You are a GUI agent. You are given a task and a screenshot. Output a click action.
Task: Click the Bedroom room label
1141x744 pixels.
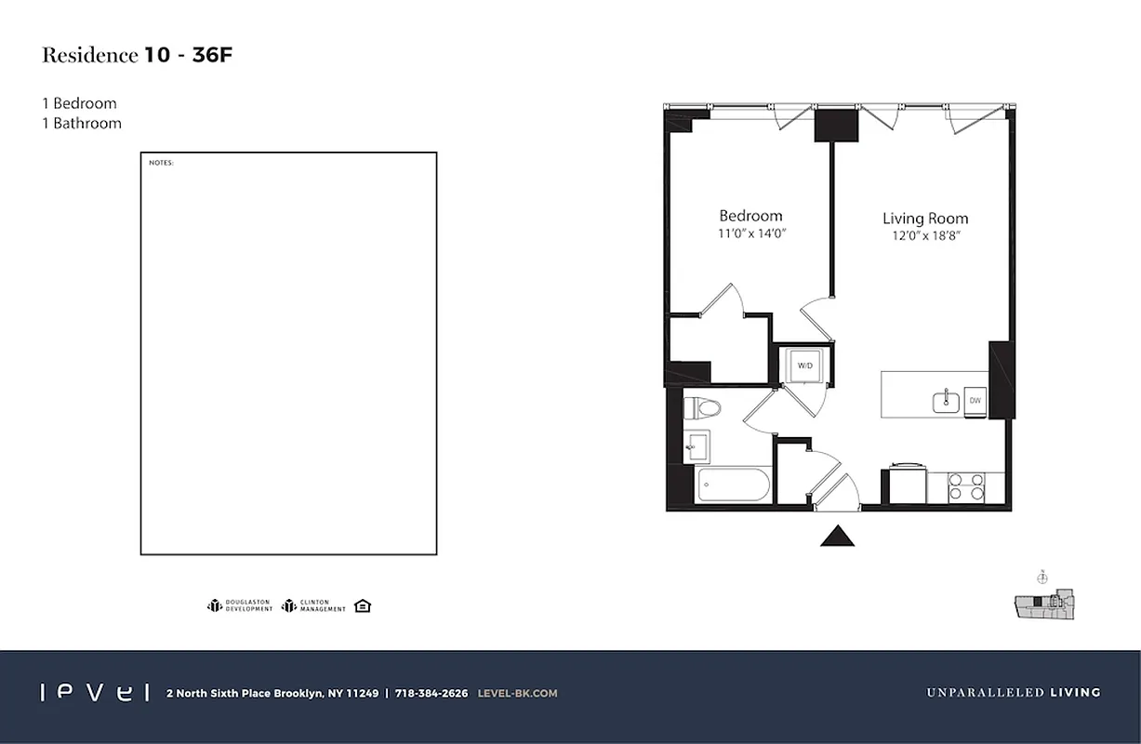click(x=750, y=216)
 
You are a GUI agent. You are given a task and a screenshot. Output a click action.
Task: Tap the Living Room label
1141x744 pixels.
click(x=925, y=219)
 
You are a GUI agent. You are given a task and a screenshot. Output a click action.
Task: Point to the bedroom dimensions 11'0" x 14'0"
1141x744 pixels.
click(x=751, y=235)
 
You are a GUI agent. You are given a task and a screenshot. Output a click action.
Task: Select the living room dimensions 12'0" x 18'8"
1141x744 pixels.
click(x=925, y=236)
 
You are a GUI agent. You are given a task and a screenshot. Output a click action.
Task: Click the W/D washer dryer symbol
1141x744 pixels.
click(x=804, y=365)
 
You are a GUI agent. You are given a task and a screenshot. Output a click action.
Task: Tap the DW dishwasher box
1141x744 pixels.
click(x=975, y=401)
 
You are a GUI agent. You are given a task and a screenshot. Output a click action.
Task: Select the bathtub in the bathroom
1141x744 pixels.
click(x=733, y=485)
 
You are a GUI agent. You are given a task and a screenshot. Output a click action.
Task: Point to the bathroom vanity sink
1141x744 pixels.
click(x=697, y=447)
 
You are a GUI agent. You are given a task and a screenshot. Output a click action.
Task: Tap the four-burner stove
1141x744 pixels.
click(x=965, y=486)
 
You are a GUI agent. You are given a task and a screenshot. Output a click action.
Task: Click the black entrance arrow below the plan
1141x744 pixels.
click(x=837, y=536)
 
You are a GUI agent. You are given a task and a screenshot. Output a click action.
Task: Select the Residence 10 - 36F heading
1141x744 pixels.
click(x=137, y=55)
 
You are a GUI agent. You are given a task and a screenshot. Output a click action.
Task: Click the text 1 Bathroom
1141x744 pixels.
click(x=82, y=123)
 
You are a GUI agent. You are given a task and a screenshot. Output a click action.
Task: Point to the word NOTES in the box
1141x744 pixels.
click(x=161, y=164)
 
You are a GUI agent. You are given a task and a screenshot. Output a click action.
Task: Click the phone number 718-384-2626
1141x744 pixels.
click(x=431, y=693)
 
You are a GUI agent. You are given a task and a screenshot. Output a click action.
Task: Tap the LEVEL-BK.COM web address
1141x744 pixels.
click(x=517, y=693)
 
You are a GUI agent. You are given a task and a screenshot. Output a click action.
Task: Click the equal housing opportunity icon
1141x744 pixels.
click(x=363, y=606)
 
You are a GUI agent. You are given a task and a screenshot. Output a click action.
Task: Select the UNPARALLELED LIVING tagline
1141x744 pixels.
click(x=1013, y=693)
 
